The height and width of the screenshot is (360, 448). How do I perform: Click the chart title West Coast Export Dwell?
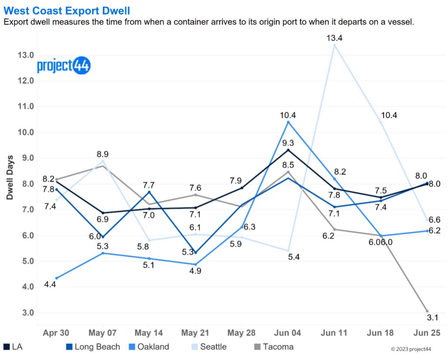pos(66,9)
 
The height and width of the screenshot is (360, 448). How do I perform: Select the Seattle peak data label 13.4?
pos(334,38)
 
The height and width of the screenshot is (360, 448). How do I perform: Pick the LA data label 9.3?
pos(288,143)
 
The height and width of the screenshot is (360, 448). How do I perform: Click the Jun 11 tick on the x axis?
pos(334,333)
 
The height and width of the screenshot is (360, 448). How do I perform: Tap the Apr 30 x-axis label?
pos(56,333)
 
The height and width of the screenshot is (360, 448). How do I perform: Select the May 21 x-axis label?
pos(195,333)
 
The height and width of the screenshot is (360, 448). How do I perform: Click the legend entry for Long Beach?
pos(97,347)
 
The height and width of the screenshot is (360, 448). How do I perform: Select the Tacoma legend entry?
pos(278,347)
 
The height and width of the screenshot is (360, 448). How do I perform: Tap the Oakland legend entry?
pos(153,347)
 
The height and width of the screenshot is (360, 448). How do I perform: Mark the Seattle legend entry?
pos(213,347)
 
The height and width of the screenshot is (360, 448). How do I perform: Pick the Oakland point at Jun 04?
pos(288,122)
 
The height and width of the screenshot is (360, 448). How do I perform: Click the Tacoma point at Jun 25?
pos(427,311)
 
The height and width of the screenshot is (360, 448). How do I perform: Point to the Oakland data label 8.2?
pos(340,172)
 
